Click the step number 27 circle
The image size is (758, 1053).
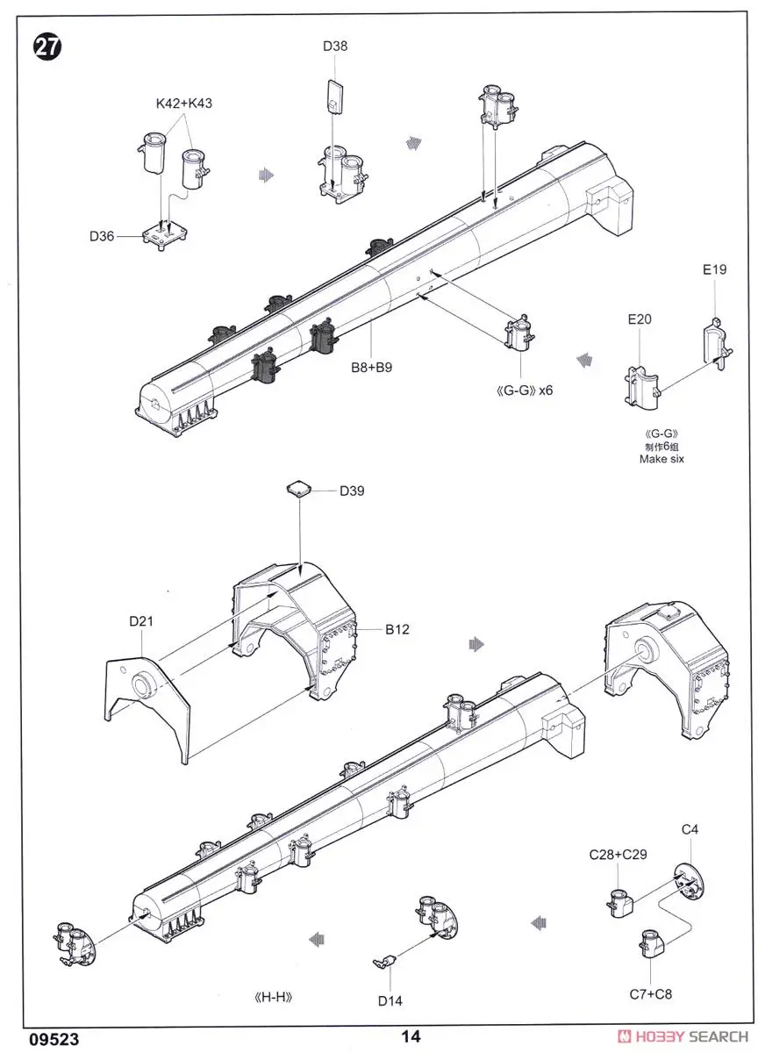click(x=47, y=47)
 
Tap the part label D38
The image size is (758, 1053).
click(x=334, y=46)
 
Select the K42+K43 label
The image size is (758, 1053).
click(x=184, y=103)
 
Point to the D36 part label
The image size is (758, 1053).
click(x=103, y=235)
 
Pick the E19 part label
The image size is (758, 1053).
click(x=714, y=269)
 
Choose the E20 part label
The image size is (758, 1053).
click(x=639, y=319)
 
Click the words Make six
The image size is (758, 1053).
click(x=661, y=459)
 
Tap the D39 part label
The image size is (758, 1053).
click(x=352, y=491)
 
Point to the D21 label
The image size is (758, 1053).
click(x=141, y=621)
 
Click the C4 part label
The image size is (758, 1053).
click(x=690, y=828)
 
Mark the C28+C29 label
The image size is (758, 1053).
click(x=619, y=854)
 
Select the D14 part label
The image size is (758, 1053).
click(x=390, y=1000)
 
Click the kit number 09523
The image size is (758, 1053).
click(x=54, y=1038)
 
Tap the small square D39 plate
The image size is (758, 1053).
click(x=301, y=488)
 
